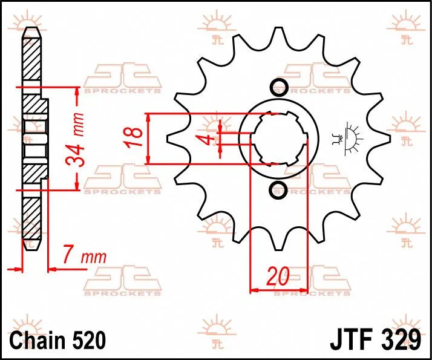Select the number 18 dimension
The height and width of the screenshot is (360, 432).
(137, 138)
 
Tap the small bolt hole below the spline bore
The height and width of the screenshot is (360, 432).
(279, 190)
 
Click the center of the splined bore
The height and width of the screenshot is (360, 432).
(279, 138)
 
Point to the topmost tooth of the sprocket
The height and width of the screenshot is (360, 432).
(279, 33)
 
